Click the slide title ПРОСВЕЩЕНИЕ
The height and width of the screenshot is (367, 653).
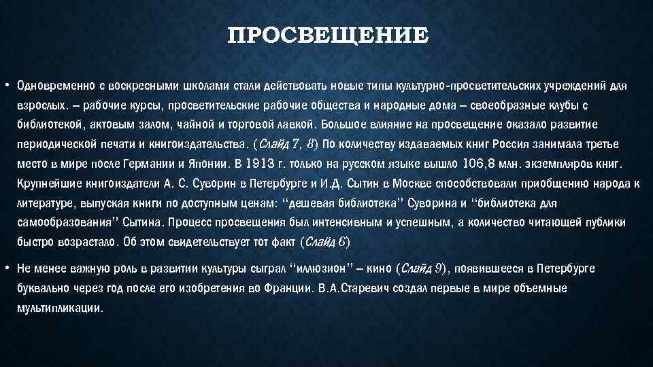[x=328, y=37]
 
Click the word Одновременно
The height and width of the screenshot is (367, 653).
[x=51, y=87]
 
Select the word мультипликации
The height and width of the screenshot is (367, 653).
[x=61, y=308]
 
